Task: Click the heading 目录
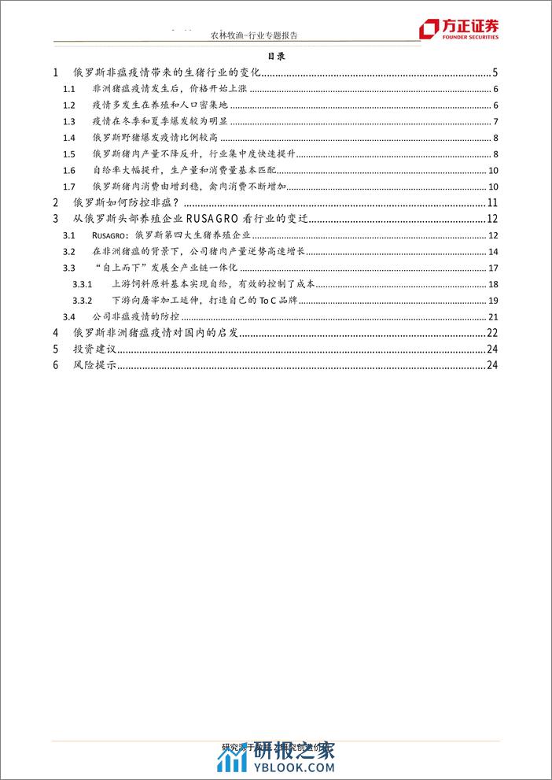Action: [275, 57]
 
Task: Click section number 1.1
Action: [68, 89]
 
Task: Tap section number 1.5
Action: [68, 153]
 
